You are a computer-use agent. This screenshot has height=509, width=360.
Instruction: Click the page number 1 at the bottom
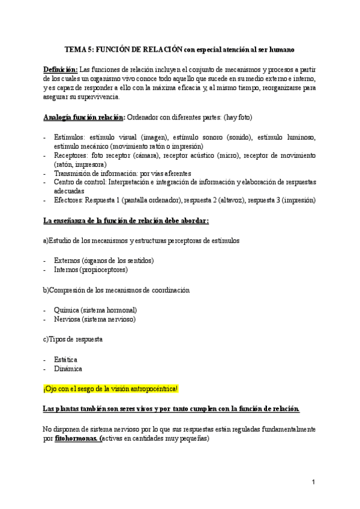pyautogui.click(x=314, y=483)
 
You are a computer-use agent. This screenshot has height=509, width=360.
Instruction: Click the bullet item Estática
pyautogui.click(x=65, y=358)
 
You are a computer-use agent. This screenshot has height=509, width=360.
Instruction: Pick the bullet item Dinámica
pyautogui.click(x=68, y=368)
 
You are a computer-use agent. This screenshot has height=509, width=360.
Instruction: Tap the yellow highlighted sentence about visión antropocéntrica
pyautogui.click(x=111, y=388)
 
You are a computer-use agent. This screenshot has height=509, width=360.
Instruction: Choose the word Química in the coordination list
pyautogui.click(x=66, y=310)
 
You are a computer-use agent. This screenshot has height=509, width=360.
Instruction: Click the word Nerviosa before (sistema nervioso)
pyautogui.click(x=68, y=319)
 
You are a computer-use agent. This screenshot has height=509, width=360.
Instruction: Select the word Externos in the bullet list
pyautogui.click(x=67, y=261)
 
